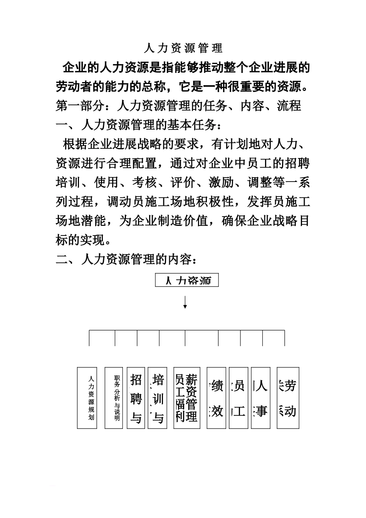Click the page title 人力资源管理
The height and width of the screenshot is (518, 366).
[x=183, y=48]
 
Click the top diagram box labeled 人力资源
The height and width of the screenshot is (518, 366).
[x=187, y=280]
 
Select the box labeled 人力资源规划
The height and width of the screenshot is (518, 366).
[x=87, y=398]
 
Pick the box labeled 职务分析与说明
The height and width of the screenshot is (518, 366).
[x=114, y=398]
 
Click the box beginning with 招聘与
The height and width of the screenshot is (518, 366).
[x=136, y=398]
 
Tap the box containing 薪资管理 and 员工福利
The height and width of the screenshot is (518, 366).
[x=186, y=398]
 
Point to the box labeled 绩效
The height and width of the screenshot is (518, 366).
[x=216, y=398]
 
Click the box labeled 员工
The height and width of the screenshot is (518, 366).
[x=238, y=398]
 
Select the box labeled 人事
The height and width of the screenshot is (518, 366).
[x=260, y=398]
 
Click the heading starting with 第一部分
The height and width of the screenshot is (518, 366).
[x=178, y=106]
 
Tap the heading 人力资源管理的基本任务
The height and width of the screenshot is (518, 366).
[x=139, y=125]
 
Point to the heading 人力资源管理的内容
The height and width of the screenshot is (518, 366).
[x=127, y=260]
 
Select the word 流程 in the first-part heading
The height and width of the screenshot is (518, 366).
[x=289, y=106]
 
